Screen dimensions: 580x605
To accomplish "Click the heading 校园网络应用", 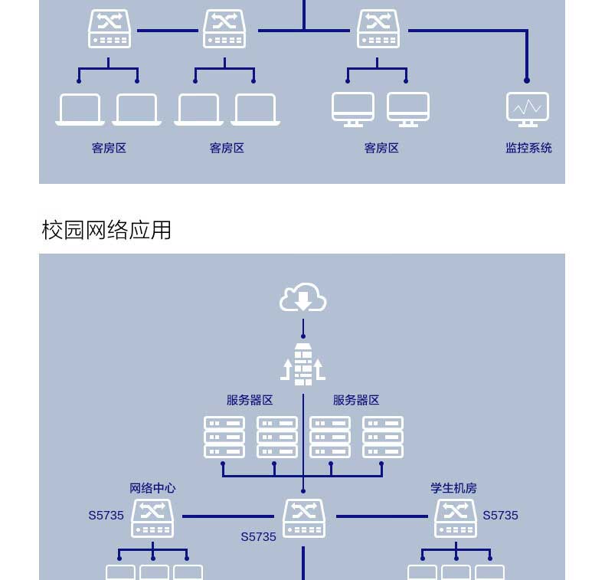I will pyautogui.click(x=106, y=230).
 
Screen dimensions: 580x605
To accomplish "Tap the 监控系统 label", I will pyautogui.click(x=528, y=148).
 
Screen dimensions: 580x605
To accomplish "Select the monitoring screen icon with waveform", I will pyautogui.click(x=527, y=109).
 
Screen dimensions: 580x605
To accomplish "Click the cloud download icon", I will pyautogui.click(x=303, y=297).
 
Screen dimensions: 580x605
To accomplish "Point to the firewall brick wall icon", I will pyautogui.click(x=303, y=365).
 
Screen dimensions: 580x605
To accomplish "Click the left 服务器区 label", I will pyautogui.click(x=250, y=400).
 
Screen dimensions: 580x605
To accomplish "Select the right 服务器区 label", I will pyautogui.click(x=356, y=400).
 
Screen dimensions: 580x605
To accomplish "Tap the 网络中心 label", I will pyautogui.click(x=152, y=488).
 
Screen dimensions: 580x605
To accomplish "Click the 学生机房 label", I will pyautogui.click(x=453, y=488).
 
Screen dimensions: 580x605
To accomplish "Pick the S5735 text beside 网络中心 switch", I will pyautogui.click(x=106, y=516).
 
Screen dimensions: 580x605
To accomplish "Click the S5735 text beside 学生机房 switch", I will pyautogui.click(x=500, y=516).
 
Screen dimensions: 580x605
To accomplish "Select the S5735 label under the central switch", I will pyautogui.click(x=258, y=537).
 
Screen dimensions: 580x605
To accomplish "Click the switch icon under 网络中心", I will pyautogui.click(x=152, y=518).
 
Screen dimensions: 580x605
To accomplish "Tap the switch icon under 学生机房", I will pyautogui.click(x=456, y=518).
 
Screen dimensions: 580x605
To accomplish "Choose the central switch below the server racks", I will pyautogui.click(x=304, y=518).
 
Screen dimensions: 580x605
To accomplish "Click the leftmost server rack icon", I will pyautogui.click(x=224, y=437).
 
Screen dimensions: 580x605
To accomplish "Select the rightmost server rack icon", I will pyautogui.click(x=382, y=437).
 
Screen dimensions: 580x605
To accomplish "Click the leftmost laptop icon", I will pyautogui.click(x=80, y=110).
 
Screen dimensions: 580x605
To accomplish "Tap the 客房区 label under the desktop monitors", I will pyautogui.click(x=381, y=148).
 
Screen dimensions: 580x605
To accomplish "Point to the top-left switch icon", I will pyautogui.click(x=110, y=29).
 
